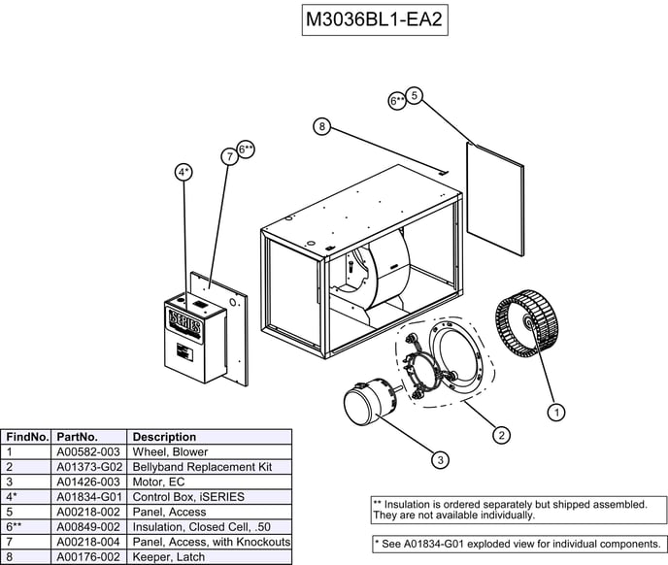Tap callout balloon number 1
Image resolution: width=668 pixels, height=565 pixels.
pos(556,413)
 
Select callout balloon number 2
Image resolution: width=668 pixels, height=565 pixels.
pos(501,435)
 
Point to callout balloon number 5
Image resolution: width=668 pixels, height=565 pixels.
pos(415,95)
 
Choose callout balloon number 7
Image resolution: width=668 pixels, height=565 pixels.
pos(229,155)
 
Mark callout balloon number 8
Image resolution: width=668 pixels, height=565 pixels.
pos(322,126)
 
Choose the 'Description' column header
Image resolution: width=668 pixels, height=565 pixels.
pos(164,437)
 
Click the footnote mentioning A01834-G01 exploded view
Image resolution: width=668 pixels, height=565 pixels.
pos(518,543)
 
